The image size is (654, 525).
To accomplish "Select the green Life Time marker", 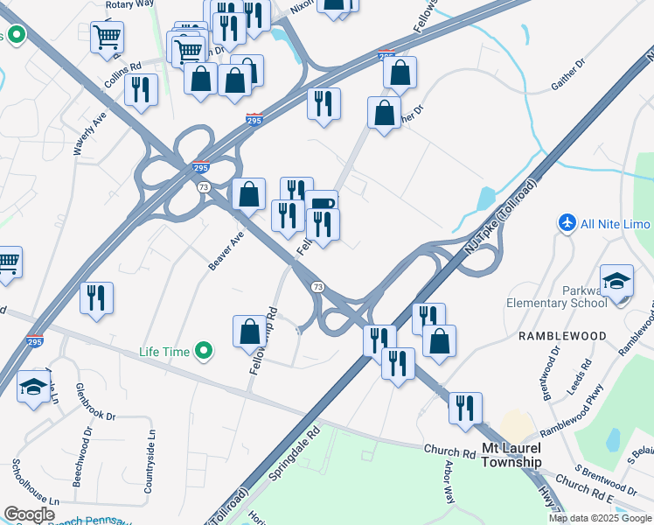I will tap(205, 352).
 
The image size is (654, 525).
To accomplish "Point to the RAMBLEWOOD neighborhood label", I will tap(563, 336).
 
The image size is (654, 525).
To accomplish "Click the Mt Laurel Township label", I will tap(512, 455).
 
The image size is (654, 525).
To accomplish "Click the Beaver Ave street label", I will tap(226, 251).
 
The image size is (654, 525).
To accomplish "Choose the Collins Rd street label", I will tap(122, 67).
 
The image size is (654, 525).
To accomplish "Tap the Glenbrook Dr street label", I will tap(95, 402).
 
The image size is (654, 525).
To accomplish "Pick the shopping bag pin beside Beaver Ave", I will tap(249, 193).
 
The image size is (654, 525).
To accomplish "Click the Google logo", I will tap(30, 514).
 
